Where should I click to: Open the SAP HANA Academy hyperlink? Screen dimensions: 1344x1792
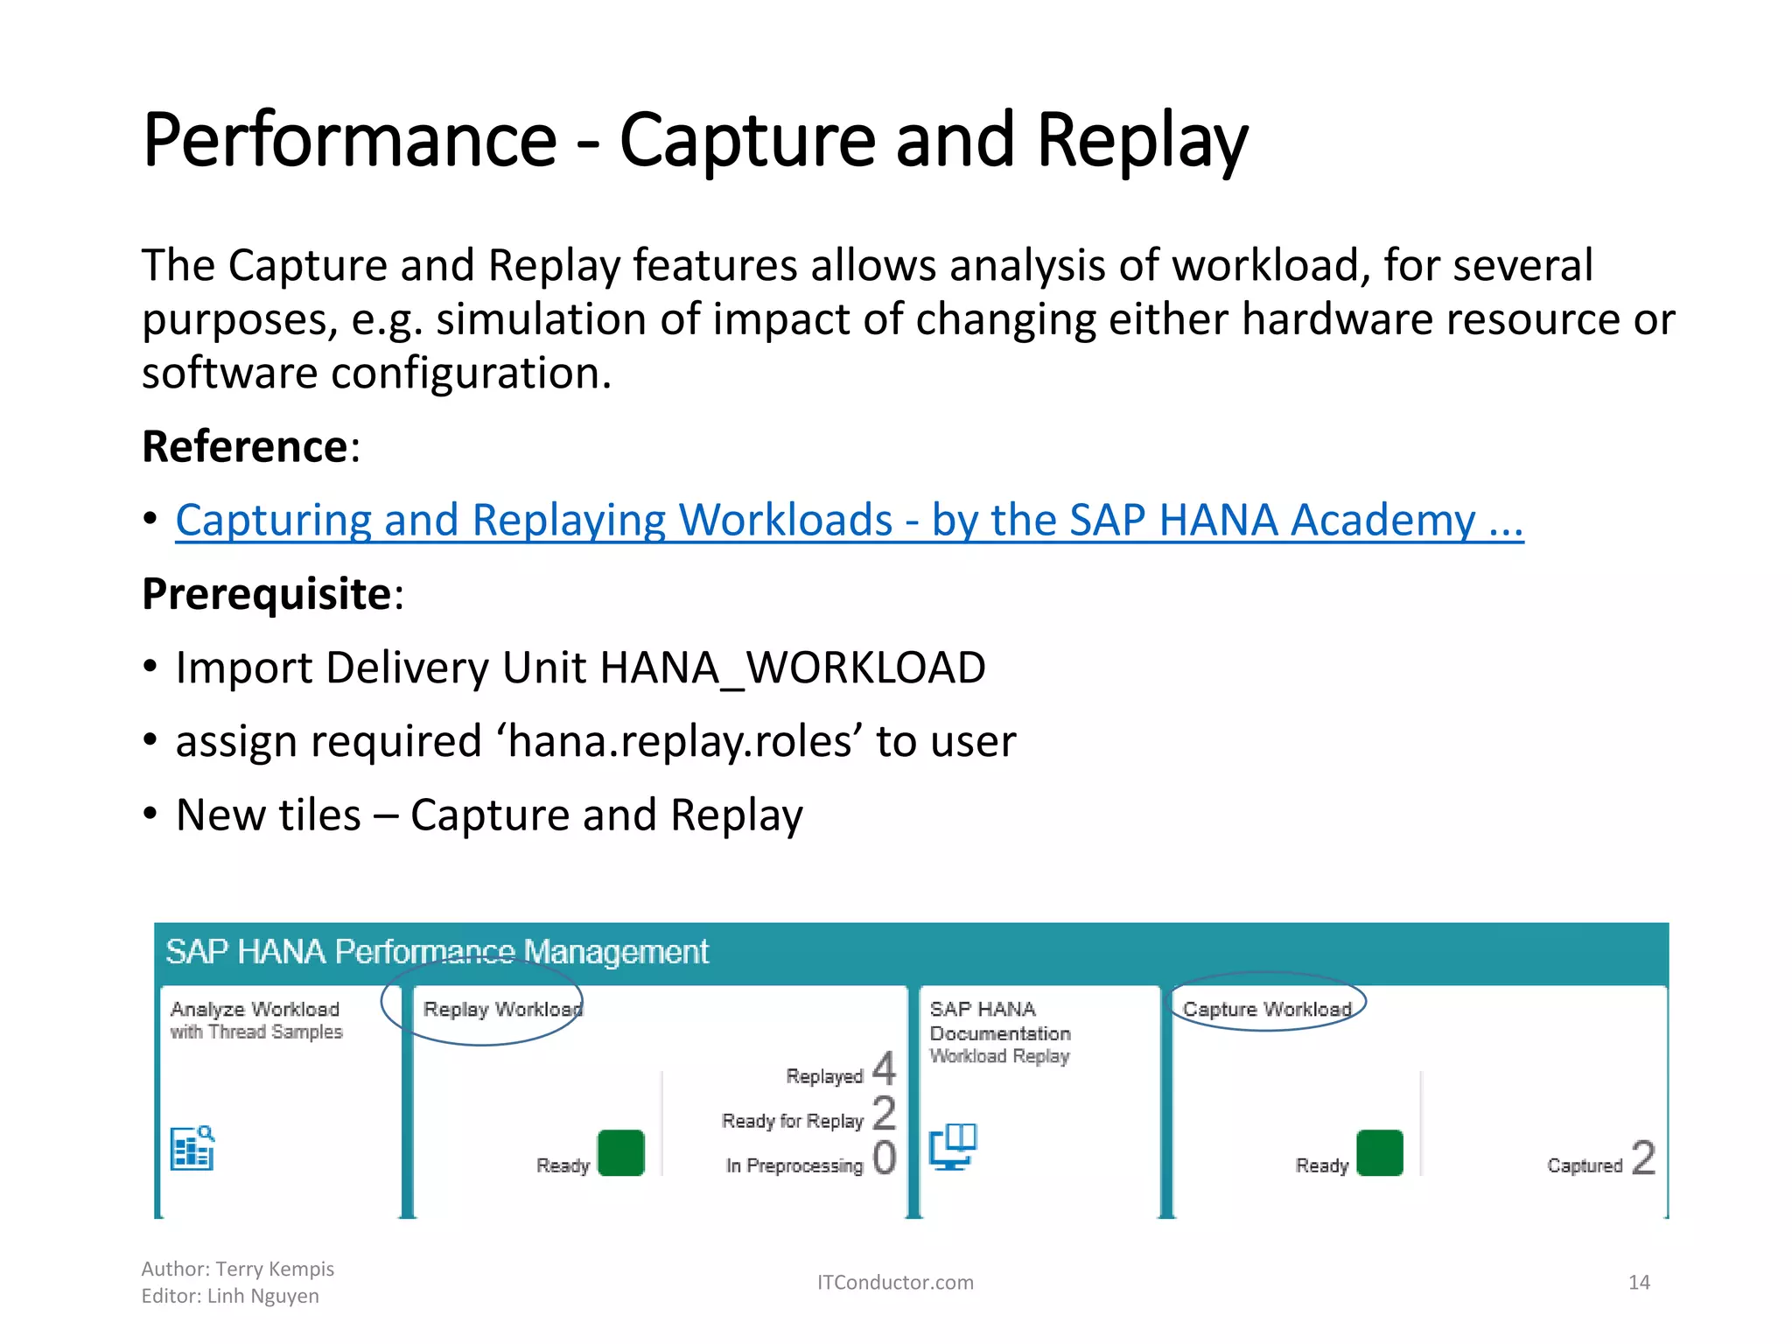pos(849,520)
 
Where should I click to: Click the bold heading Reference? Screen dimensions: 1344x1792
pos(245,446)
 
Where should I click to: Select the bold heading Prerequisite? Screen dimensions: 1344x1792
pos(267,594)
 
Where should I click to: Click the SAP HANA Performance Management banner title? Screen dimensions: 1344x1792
pos(437,951)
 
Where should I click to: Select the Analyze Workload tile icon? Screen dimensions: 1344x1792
pos(192,1148)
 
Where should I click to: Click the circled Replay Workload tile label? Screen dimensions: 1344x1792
pos(501,1009)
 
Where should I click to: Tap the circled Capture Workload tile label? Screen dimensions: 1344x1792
pos(1266,1009)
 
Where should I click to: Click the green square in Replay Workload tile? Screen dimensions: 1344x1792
pos(620,1152)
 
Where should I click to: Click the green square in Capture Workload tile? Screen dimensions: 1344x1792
pos(1379,1152)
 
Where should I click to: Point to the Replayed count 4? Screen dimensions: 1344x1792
pos(884,1069)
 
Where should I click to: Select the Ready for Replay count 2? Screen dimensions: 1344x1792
pos(884,1113)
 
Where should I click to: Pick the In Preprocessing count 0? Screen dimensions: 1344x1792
pos(884,1158)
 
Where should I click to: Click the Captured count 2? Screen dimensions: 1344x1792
pos(1643,1158)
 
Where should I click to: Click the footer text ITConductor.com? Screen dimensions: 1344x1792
pos(894,1282)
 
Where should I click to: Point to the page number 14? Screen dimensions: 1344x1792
pos(1638,1282)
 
